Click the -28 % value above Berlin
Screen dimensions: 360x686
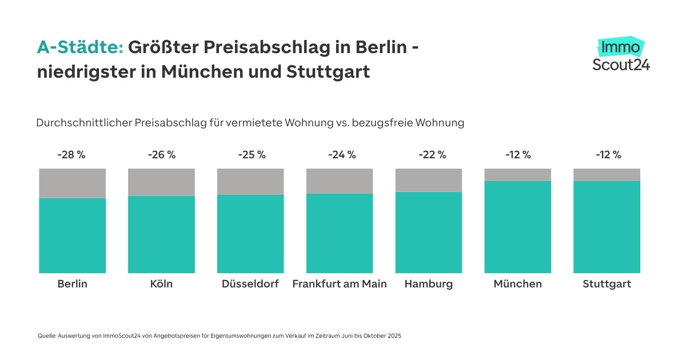(71, 155)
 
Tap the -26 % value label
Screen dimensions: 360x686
(161, 155)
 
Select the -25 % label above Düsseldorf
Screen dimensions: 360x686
(250, 155)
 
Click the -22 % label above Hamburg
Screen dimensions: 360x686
(429, 155)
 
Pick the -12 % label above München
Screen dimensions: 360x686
(518, 155)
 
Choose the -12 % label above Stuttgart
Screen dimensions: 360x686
(607, 155)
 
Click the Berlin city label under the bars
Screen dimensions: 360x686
(72, 284)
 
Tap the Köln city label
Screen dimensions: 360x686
(161, 284)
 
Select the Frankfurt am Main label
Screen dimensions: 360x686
(340, 284)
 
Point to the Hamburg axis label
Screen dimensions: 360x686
(428, 284)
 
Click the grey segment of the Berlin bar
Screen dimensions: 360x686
(72, 183)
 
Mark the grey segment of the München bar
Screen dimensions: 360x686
(518, 174)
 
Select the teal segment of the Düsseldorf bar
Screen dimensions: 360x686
(250, 234)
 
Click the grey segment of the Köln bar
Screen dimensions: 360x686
(161, 182)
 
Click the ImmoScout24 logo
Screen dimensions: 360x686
(621, 55)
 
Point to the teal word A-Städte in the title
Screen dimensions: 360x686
(80, 48)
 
